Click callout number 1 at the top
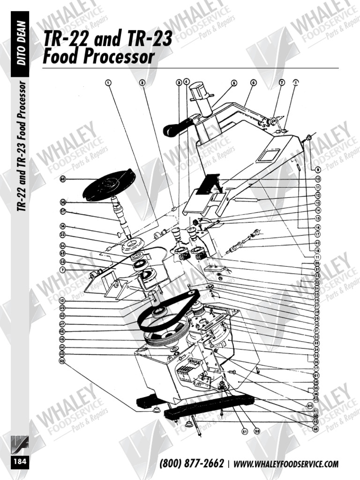(108, 82)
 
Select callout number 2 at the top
(142, 82)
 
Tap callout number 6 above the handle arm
(253, 82)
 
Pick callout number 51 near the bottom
(244, 431)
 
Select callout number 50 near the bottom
(257, 431)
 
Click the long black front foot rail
(209, 407)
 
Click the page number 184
(20, 462)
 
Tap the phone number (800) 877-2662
(191, 464)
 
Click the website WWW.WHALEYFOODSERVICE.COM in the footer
(285, 464)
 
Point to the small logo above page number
(20, 443)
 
